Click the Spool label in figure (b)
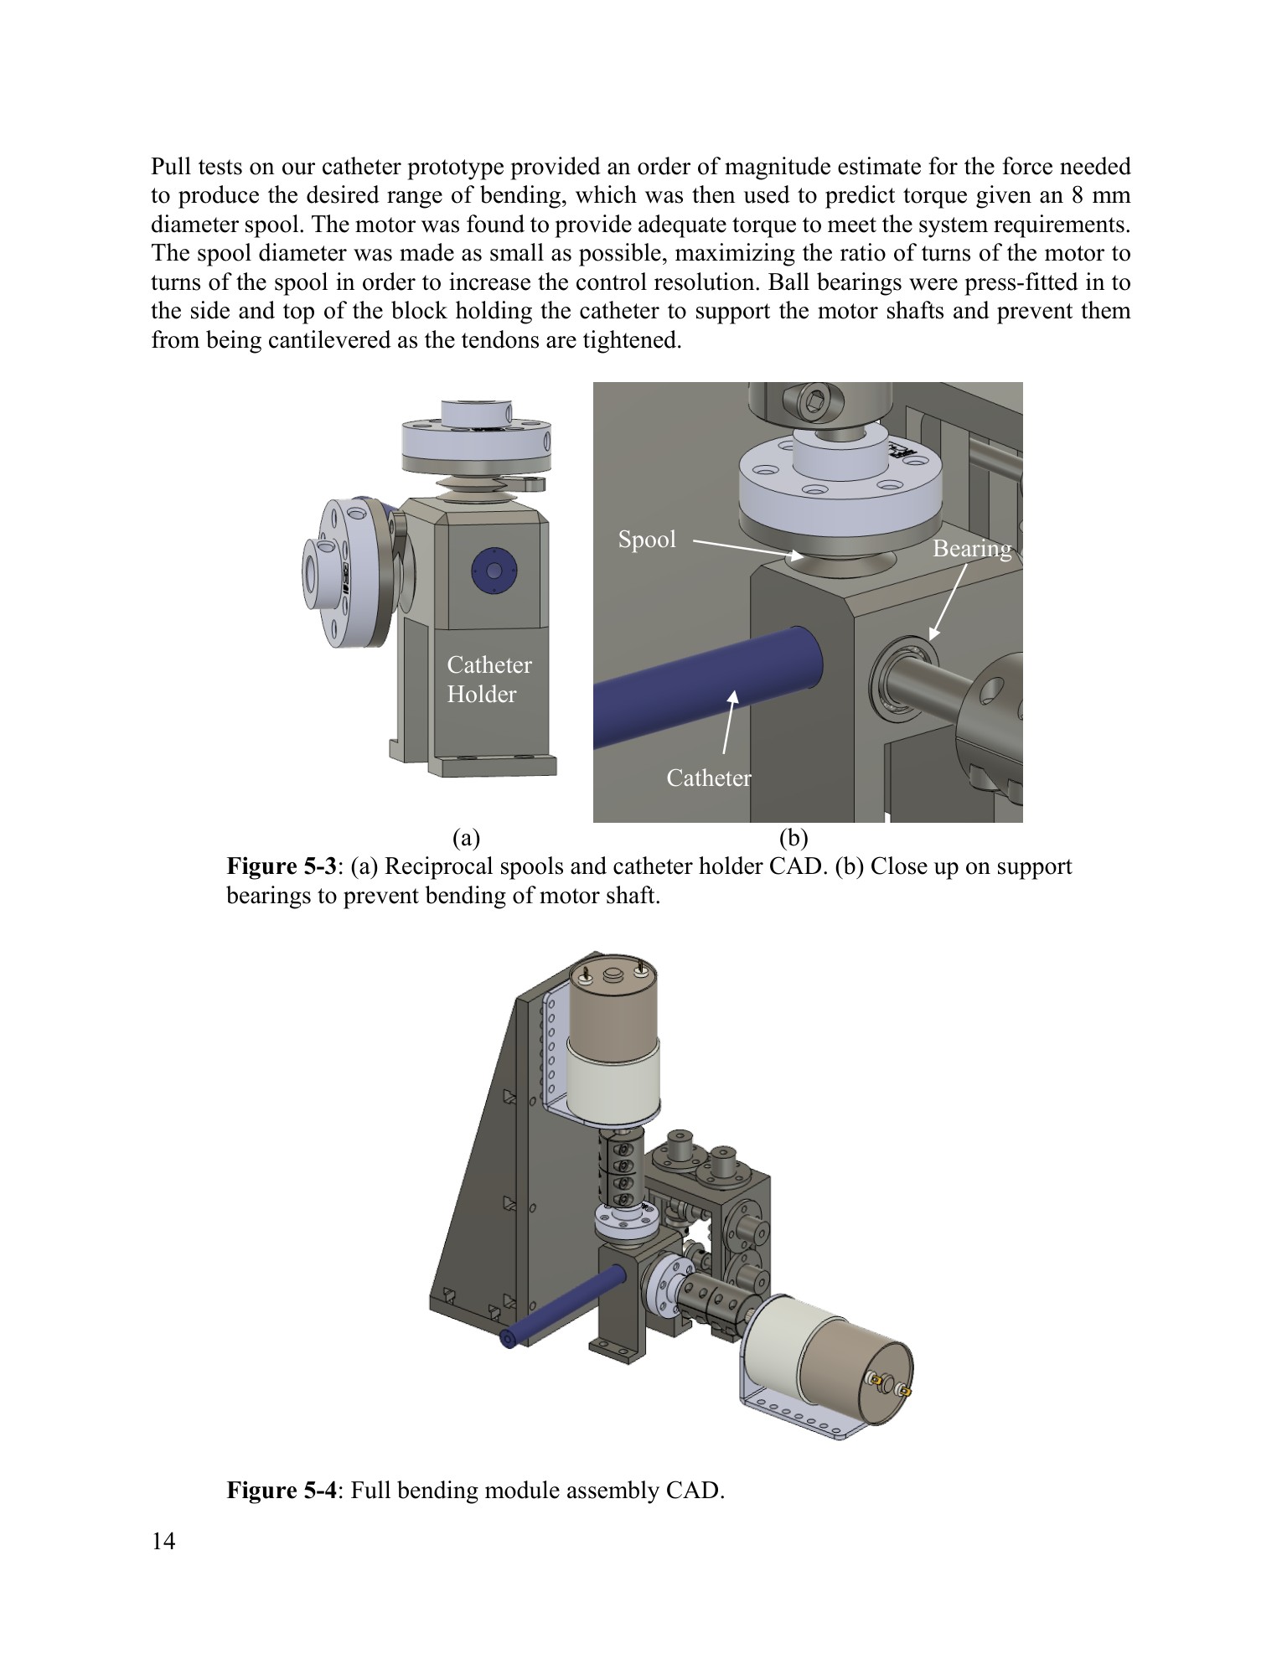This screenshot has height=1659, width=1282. click(646, 540)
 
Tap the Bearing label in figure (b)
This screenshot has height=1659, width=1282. click(972, 550)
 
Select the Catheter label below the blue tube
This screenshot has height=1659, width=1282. click(708, 778)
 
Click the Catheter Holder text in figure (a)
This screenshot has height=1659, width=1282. click(489, 680)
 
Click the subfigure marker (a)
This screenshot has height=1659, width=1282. click(465, 837)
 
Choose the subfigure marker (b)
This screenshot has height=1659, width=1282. click(793, 837)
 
